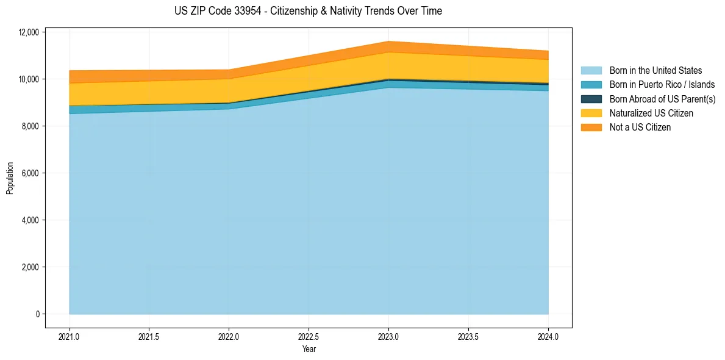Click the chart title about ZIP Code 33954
[308, 11]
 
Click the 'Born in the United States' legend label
[655, 71]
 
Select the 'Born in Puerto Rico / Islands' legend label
[662, 85]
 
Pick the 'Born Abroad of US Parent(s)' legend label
[662, 99]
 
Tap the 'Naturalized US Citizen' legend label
[651, 113]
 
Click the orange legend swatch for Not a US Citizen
[591, 128]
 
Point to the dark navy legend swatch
[591, 99]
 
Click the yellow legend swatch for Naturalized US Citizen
[591, 113]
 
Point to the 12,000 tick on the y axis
[29, 32]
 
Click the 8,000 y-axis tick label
[30, 126]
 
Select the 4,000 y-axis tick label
[30, 220]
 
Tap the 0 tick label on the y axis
[37, 314]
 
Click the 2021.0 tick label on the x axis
[70, 336]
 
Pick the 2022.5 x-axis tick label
[309, 336]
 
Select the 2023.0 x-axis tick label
[388, 336]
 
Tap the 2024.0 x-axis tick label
[548, 336]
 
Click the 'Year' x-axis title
[309, 349]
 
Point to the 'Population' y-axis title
[10, 178]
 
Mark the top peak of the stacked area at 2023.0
[388, 41]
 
